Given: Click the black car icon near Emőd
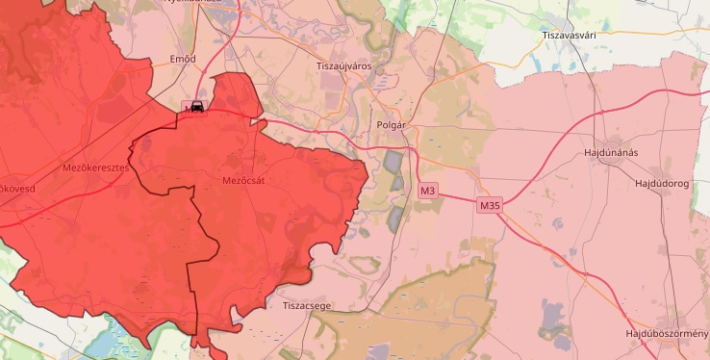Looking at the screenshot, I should click(x=196, y=107).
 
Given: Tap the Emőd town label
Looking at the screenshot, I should click(x=183, y=59).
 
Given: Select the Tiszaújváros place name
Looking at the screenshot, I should click(x=343, y=65).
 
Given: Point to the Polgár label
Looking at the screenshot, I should click(x=392, y=126).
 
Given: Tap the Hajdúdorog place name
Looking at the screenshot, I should click(x=663, y=183).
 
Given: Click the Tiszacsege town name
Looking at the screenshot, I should click(x=308, y=305).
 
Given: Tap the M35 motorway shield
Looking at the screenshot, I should click(x=489, y=205).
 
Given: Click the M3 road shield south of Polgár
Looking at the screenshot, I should click(x=428, y=191).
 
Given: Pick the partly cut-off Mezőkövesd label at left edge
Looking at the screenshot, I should click(x=17, y=188).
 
